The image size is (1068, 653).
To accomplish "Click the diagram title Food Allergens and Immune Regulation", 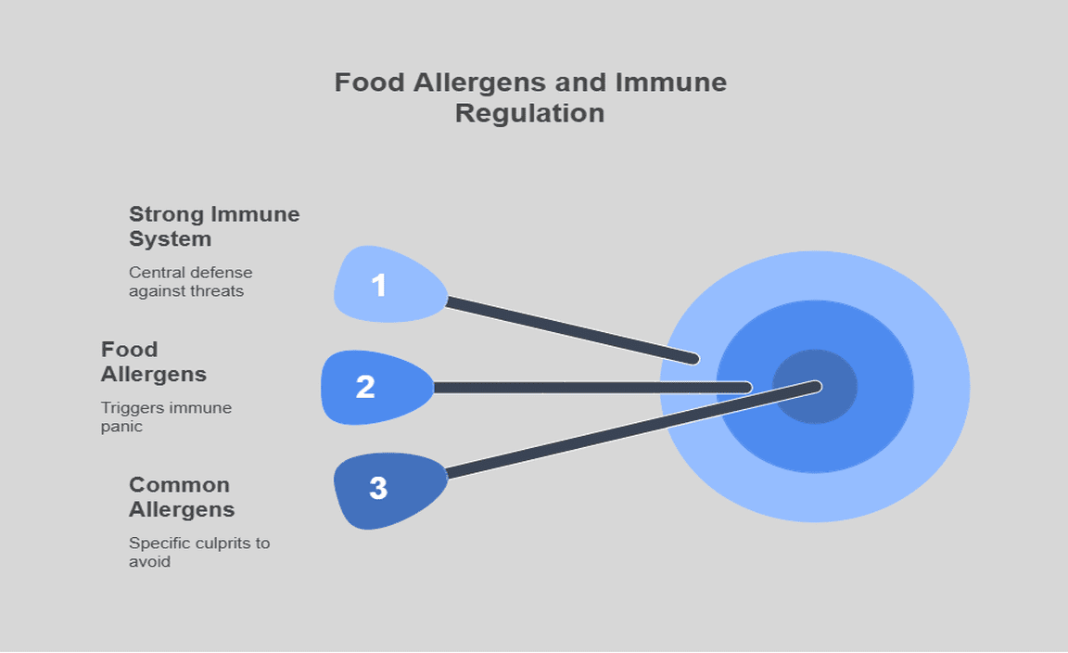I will click(x=530, y=97).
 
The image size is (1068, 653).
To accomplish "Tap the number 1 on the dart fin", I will click(x=378, y=285).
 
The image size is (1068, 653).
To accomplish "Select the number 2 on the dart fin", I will click(x=365, y=387).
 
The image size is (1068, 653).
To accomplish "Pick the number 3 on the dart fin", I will click(x=378, y=488).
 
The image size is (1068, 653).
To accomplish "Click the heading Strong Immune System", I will click(x=214, y=226).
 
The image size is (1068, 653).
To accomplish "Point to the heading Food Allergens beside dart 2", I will click(x=153, y=362).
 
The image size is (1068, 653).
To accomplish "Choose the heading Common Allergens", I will click(x=181, y=497).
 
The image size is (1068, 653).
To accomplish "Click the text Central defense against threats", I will click(x=190, y=281).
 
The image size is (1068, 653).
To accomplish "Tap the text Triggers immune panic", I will click(x=166, y=416).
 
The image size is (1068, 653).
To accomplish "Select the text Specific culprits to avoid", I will click(x=198, y=552).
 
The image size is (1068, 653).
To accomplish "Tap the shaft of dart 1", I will click(x=570, y=328).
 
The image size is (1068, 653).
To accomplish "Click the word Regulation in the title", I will click(x=530, y=113).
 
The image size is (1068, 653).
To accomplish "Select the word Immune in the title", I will click(x=672, y=83).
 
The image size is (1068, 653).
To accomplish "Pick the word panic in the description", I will click(x=121, y=427).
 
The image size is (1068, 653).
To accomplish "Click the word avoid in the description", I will click(x=149, y=562).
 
